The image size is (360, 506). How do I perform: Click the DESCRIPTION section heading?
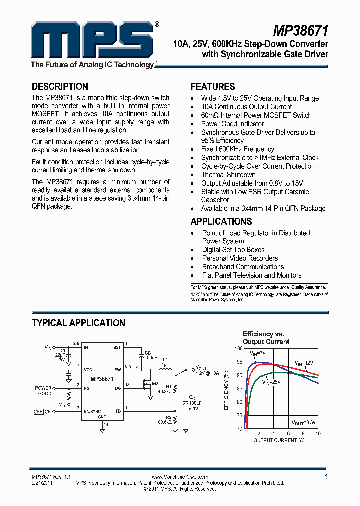60,86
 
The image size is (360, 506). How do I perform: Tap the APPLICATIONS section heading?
221,221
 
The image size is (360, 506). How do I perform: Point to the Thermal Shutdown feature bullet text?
228,175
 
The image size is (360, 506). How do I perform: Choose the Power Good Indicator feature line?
232,124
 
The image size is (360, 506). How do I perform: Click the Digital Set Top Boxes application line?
233,250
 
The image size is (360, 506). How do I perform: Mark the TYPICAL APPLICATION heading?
78,323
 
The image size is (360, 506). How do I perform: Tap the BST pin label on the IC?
117,347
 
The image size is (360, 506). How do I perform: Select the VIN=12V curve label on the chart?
304,362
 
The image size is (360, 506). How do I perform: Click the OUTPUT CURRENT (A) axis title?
279,440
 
